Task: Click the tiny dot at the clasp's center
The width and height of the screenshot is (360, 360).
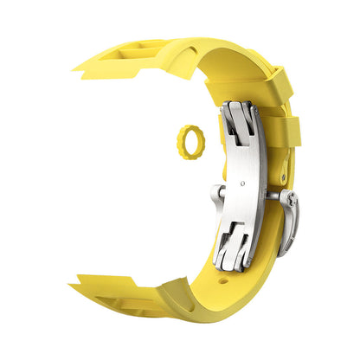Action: tap(247, 183)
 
